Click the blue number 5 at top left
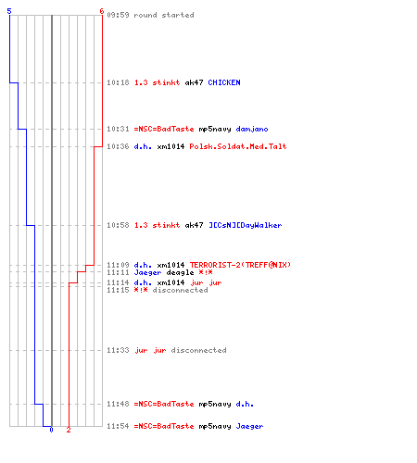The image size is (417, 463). (9, 11)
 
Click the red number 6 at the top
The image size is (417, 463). (102, 11)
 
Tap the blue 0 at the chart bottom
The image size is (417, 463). (51, 430)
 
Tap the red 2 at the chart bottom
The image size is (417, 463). (69, 430)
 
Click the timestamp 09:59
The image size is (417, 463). (118, 15)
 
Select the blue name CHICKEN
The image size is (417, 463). (224, 82)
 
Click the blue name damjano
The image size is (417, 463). (252, 129)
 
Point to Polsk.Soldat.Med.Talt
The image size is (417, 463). (238, 146)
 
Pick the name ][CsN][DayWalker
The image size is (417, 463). (246, 225)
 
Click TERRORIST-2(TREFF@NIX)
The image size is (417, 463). (240, 265)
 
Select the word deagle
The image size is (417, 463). (180, 273)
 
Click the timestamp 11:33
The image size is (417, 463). (118, 350)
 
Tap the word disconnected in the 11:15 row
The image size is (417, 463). (180, 290)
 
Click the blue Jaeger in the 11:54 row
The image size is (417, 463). (249, 427)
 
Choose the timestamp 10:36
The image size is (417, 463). (118, 146)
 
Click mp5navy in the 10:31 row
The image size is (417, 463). (215, 130)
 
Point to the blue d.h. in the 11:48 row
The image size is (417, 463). (245, 404)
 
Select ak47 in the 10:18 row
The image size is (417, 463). (194, 82)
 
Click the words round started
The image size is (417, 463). (164, 15)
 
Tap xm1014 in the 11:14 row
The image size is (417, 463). (171, 282)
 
